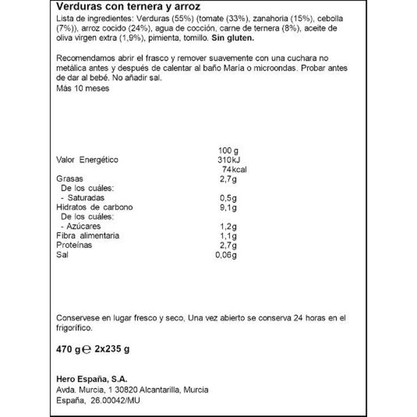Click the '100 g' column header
coord(228,150)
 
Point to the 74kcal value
coord(234,170)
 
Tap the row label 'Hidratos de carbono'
coord(94,207)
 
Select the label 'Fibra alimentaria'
coord(88,235)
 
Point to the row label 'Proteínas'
coord(74,245)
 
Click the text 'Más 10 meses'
coord(83,89)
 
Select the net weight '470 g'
coord(69,349)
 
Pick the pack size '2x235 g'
coord(112,349)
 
